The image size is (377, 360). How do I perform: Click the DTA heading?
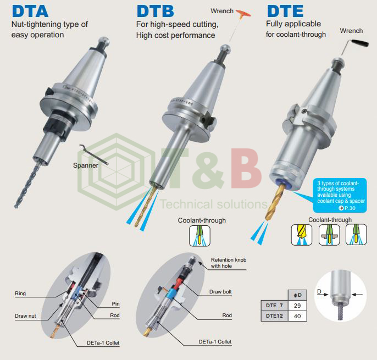coord(30,11)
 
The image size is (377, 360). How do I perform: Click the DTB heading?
coord(155,11)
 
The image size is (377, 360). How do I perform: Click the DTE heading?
coord(285,11)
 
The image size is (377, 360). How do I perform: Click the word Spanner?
coord(85,165)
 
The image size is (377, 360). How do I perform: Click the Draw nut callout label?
coord(25,316)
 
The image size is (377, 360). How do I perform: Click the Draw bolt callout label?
coord(220,292)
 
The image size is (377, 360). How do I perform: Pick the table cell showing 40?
coord(297,315)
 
